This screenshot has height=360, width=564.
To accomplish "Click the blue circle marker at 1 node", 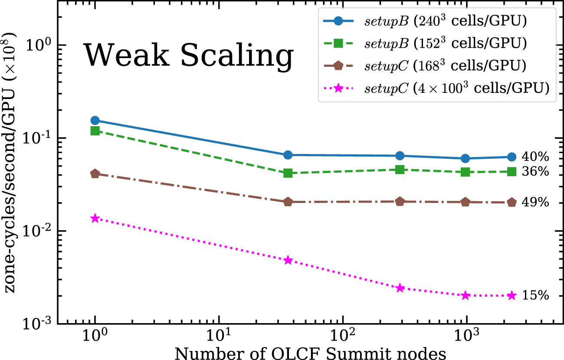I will coord(95,120).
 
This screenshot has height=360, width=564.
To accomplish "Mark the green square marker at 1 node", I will coord(95,131).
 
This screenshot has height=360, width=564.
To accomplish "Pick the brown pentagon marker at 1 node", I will coord(95,173).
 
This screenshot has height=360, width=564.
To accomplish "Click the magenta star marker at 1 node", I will coord(95,218).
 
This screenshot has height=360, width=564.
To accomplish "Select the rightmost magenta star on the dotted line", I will coord(512,295).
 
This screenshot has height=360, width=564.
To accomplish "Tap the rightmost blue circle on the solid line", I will coord(512,157).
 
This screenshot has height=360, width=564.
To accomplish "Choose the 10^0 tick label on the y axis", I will coord(41,45).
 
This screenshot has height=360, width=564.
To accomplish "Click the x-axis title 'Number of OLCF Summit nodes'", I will coord(310,352).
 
